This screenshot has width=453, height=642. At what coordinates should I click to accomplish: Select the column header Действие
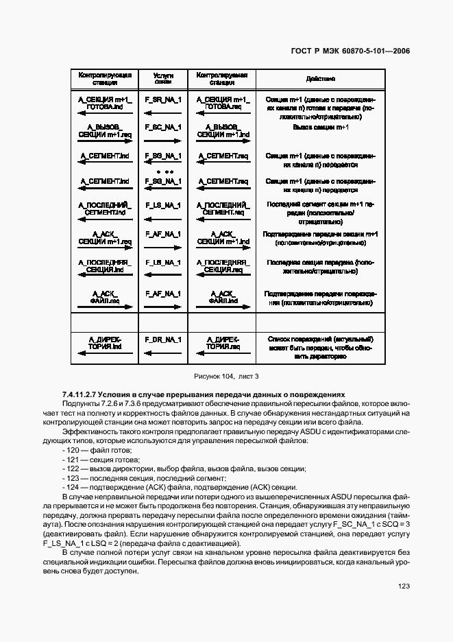316,79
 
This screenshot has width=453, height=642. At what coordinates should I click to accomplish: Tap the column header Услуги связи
163,79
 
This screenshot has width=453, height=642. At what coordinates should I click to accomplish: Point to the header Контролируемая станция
221,79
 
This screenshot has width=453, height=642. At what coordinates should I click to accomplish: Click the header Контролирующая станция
105,79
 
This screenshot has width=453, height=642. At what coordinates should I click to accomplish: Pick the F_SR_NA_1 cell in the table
163,100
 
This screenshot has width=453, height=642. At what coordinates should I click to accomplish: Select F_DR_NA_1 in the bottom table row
163,339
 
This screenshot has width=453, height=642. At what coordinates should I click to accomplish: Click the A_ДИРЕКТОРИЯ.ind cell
105,344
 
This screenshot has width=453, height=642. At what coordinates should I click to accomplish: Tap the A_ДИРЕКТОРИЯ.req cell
221,344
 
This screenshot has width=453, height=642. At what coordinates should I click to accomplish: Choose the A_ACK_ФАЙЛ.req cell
105,296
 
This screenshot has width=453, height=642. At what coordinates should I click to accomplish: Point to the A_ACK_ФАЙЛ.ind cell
221,296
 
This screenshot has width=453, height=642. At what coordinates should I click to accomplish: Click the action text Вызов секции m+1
316,128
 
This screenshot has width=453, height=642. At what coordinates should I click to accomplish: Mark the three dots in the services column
164,170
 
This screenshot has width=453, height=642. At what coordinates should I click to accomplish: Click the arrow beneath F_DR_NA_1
163,350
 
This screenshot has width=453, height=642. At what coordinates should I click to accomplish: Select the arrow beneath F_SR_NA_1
163,112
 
